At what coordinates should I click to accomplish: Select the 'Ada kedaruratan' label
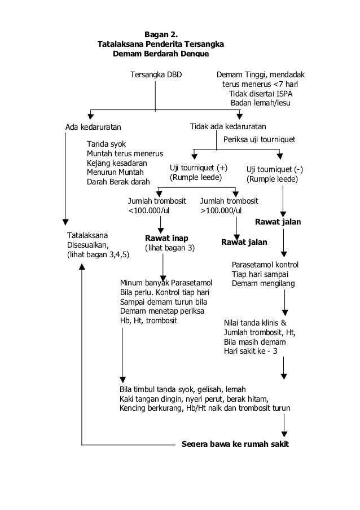point(93,126)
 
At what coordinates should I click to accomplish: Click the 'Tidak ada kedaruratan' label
point(228,126)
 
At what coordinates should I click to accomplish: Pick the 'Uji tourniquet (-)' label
point(275,169)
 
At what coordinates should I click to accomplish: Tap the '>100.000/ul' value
point(222,210)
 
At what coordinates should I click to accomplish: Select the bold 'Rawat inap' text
point(166,238)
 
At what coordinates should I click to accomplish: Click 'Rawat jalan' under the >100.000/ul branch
point(243,243)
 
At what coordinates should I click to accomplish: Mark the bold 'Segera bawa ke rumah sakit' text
point(235,444)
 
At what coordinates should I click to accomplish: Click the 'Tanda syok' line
point(106,144)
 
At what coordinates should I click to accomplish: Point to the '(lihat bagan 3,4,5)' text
point(98,254)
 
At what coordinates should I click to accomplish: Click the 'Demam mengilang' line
point(263,283)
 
